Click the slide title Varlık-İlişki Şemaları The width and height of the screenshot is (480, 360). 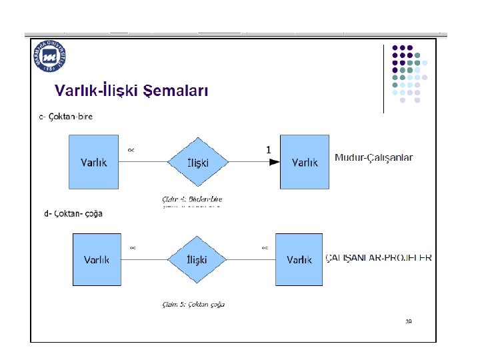coord(131,91)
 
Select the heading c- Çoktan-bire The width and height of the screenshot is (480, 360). coord(66,116)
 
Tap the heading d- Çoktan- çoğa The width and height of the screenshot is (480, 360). coord(73,214)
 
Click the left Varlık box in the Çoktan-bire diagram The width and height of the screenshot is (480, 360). coord(94,162)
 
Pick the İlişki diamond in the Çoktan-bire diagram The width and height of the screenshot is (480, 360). coord(197,163)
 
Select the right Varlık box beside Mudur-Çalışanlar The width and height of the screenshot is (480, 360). coord(305,162)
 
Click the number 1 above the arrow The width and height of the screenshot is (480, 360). coord(268,151)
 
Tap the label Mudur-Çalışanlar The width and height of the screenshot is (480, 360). coord(373,158)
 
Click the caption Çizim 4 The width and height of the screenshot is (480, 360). coord(192,199)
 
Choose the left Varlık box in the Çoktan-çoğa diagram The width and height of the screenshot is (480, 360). coord(97,259)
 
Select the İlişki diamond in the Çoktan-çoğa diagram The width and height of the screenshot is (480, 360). coord(197,260)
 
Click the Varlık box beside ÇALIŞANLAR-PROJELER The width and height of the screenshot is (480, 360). coord(299,259)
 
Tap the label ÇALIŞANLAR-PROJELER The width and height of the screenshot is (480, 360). coord(378,258)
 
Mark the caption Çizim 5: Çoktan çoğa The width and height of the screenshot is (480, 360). coord(193,305)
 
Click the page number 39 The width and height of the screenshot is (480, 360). coord(409,321)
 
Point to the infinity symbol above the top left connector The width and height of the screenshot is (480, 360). coord(131,150)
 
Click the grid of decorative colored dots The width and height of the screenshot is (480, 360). coord(410,73)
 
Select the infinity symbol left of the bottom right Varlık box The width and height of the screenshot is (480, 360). coord(265,248)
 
